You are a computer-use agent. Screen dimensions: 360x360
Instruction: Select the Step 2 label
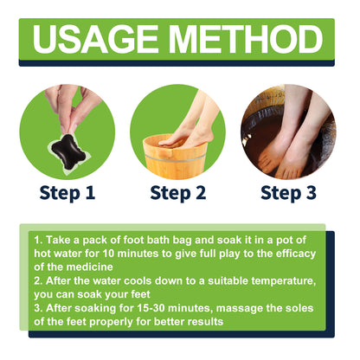click(x=180, y=191)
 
